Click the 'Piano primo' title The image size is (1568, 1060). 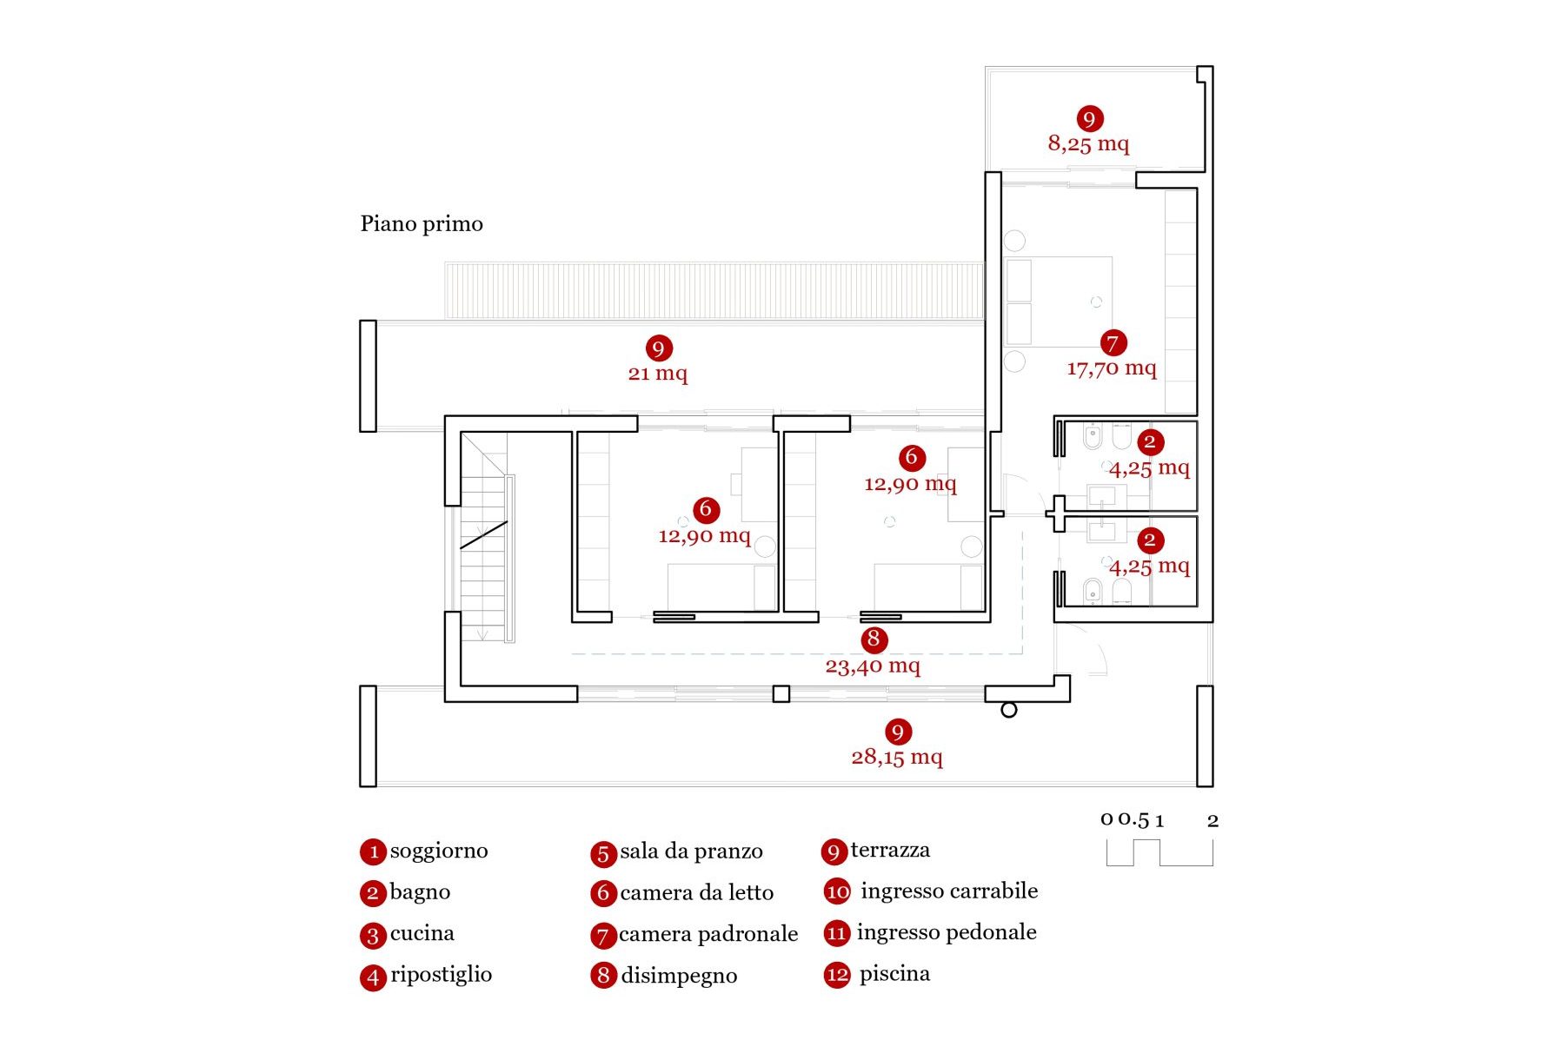(422, 224)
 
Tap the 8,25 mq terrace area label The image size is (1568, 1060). (1088, 144)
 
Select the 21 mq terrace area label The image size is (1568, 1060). (657, 374)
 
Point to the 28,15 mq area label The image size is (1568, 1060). (897, 757)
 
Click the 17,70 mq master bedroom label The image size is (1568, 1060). (1112, 368)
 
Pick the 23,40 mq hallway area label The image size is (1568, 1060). (873, 666)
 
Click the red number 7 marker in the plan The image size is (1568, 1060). (1113, 343)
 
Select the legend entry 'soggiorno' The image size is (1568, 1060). (438, 851)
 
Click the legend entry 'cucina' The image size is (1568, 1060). (422, 934)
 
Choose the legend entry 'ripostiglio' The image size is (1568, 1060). (441, 975)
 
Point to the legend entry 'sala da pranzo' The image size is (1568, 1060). (691, 851)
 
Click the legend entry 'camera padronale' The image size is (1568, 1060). (708, 934)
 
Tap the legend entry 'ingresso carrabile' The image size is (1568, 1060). (948, 891)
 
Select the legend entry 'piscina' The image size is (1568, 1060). (894, 974)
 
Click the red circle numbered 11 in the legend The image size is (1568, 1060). (837, 933)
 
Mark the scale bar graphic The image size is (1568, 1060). (1159, 852)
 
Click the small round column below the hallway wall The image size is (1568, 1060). (1009, 710)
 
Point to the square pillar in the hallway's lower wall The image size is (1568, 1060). (781, 694)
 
